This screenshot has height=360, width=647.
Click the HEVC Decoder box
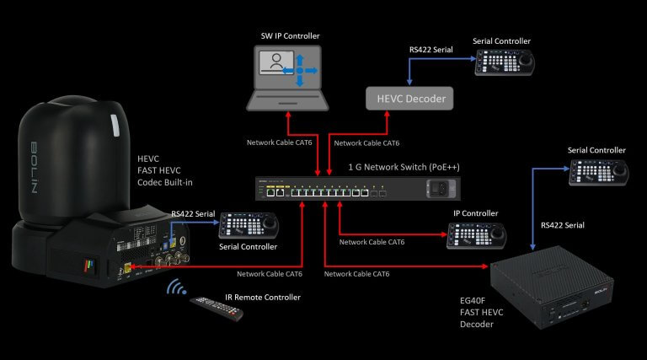click(x=409, y=99)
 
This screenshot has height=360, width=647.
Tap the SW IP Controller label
click(x=291, y=36)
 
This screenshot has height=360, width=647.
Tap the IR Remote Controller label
click(x=261, y=298)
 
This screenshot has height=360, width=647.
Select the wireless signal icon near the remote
click(x=175, y=288)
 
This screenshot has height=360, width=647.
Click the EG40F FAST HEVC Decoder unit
click(x=550, y=286)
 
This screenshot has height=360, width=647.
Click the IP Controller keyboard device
click(x=478, y=237)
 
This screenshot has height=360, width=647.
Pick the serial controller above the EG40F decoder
click(x=596, y=172)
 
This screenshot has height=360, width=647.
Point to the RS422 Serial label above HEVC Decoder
click(x=431, y=51)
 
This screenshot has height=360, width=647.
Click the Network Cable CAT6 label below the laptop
click(x=278, y=143)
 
